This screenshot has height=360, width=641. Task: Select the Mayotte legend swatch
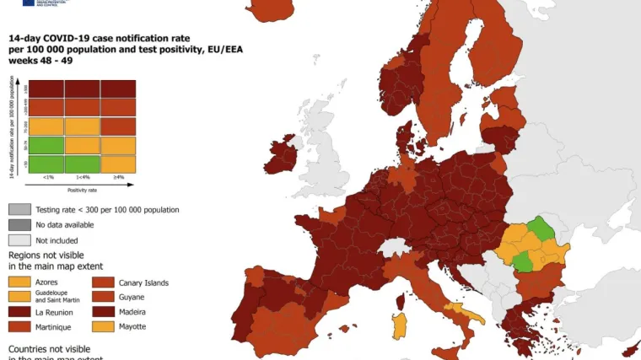[x=107, y=325]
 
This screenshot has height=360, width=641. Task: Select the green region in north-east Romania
[x=541, y=228]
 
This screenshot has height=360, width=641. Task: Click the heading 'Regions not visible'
[x=51, y=254]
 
